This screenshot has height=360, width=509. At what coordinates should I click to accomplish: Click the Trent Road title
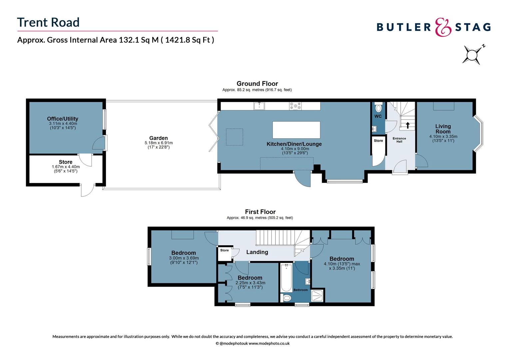48,22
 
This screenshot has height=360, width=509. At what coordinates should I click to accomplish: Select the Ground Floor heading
257,84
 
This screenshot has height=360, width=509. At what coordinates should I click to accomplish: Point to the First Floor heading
260,212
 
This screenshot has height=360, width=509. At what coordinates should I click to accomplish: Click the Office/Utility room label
63,119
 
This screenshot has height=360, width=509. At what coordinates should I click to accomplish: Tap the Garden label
159,138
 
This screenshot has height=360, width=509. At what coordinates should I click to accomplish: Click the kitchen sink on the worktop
259,106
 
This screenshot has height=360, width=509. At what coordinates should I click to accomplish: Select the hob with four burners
295,106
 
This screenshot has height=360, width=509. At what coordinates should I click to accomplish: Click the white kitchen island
296,130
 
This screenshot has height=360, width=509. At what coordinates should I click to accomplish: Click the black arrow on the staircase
408,125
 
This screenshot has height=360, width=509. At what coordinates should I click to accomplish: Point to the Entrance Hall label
399,140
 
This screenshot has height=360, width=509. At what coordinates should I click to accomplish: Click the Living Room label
443,129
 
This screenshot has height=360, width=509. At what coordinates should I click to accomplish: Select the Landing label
257,252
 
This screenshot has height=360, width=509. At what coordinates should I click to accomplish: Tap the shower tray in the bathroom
317,296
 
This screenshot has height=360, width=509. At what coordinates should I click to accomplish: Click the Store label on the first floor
225,250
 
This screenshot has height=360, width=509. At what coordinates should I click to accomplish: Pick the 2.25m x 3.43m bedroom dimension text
250,283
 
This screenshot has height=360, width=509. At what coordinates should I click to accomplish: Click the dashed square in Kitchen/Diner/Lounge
235,137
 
